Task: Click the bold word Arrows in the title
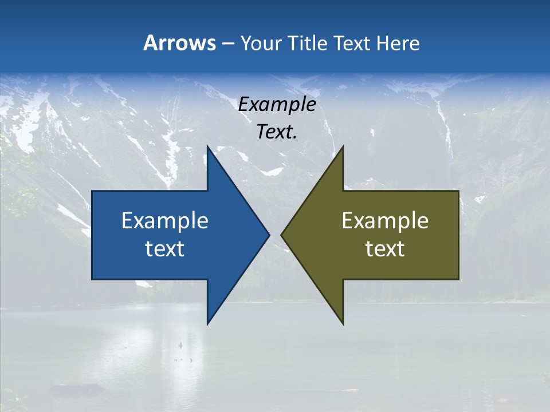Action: (x=179, y=43)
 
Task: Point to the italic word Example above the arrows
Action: (x=277, y=105)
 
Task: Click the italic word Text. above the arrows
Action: (x=277, y=132)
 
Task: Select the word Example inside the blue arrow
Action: (x=164, y=221)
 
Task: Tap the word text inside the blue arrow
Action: (x=164, y=249)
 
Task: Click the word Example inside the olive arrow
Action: (x=385, y=221)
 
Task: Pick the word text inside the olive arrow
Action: (x=385, y=249)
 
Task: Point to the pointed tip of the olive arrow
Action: (x=282, y=235)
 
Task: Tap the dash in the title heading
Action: (x=227, y=43)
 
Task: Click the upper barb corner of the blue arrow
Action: (x=208, y=146)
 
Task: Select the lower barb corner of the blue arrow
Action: (x=208, y=323)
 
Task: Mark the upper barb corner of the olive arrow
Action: (x=343, y=146)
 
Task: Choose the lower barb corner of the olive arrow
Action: (x=343, y=323)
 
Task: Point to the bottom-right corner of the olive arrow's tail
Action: (x=458, y=279)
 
